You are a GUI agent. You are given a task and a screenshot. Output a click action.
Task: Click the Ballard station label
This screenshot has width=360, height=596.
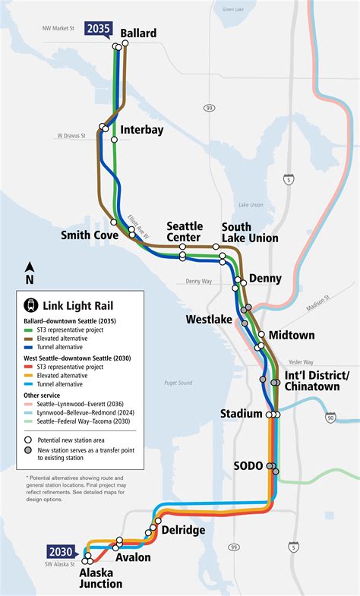pos(137,33)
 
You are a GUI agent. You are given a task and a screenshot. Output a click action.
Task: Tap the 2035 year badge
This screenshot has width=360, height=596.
pos(99,30)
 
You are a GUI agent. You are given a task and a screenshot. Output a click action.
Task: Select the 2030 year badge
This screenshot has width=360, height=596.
pos(60,552)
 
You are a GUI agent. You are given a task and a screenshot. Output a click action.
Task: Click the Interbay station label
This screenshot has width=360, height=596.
pos(141,130)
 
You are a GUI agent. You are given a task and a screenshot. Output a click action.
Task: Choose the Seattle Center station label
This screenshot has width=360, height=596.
pos(185,232)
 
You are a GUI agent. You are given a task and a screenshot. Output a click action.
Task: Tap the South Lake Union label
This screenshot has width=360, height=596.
pos(249,232)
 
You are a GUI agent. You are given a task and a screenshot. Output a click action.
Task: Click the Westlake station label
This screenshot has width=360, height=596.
pos(208,320)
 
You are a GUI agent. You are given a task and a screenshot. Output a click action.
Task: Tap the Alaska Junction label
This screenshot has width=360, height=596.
pos(100,579)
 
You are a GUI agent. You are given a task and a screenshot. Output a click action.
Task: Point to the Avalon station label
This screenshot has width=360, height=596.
pos(133,557)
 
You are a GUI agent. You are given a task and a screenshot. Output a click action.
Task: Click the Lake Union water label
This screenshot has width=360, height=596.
pos(250,205)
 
